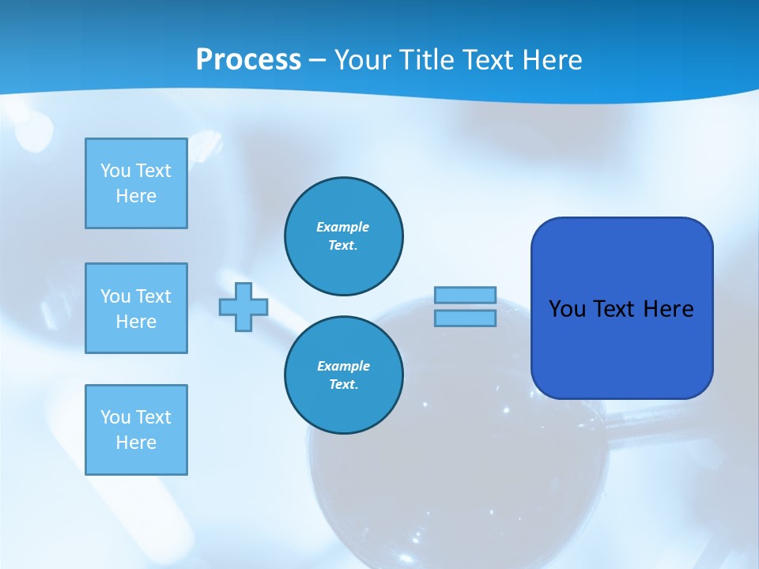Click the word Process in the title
(248, 60)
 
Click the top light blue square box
(136, 183)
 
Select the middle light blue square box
(136, 308)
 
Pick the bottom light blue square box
(136, 430)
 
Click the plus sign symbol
(244, 307)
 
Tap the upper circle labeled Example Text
(344, 236)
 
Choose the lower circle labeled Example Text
(344, 375)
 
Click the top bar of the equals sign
(465, 295)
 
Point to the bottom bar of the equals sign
(465, 318)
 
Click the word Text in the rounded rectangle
(615, 309)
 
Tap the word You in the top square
(115, 171)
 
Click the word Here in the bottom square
(136, 443)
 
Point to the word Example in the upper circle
(343, 227)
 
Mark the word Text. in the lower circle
(343, 385)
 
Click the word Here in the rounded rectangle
(669, 309)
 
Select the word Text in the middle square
(153, 296)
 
